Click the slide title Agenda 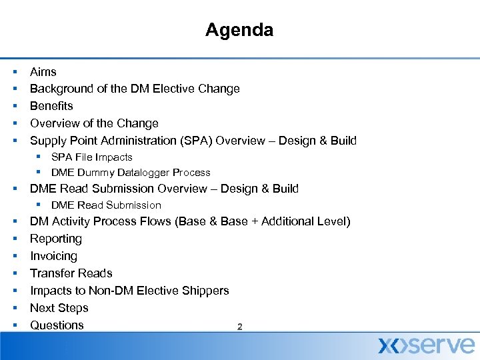point(239,30)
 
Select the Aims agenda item point(43,72)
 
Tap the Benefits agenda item point(51,106)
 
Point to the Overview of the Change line point(94,123)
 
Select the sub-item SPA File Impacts point(91,157)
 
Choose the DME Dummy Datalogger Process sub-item point(131,173)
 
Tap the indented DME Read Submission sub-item point(106,205)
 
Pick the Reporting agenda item point(56,239)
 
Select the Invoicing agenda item point(53,256)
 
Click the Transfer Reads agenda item point(71,273)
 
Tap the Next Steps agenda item point(59,308)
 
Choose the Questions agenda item point(57,325)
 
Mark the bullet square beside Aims point(14,72)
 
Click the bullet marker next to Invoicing point(14,256)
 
